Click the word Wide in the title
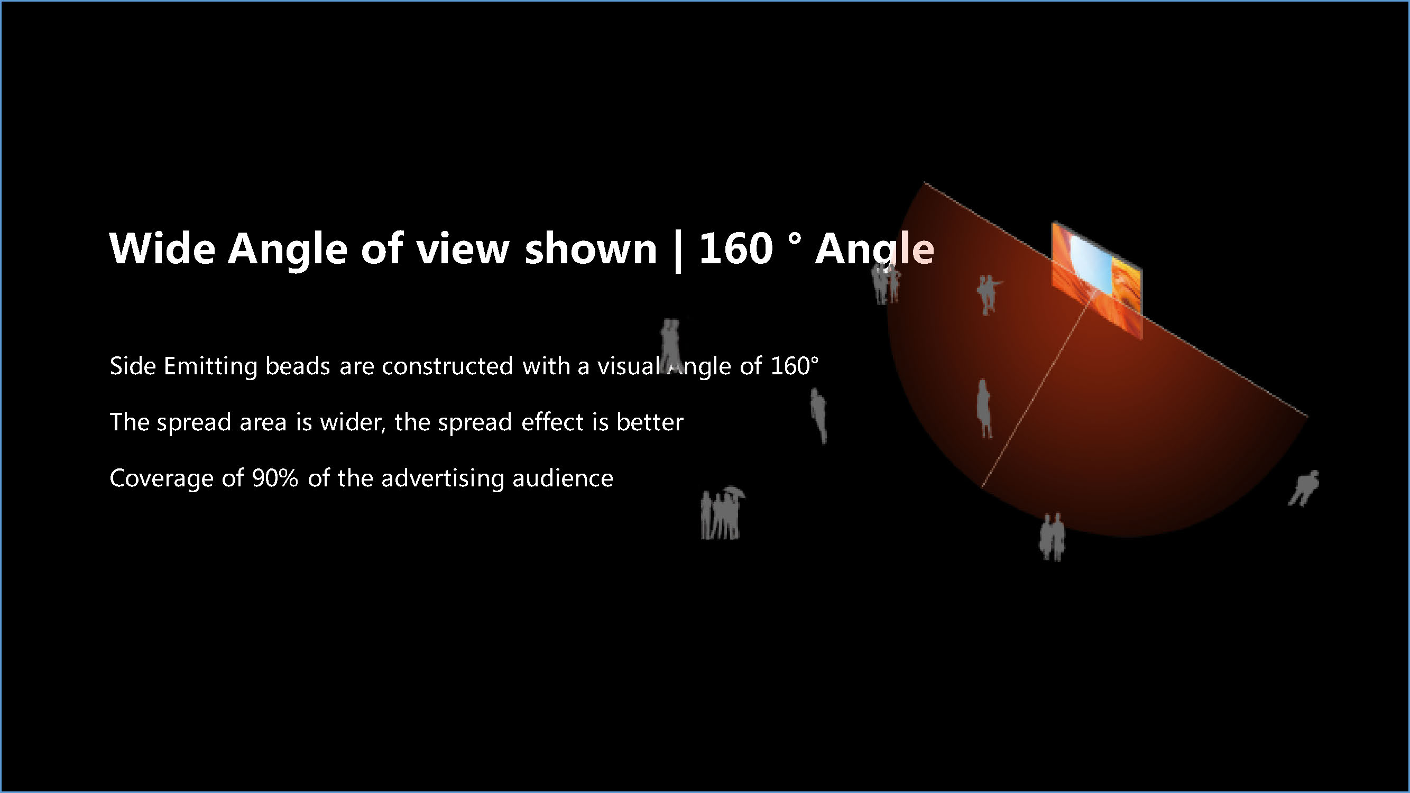[162, 248]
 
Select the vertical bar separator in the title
[678, 250]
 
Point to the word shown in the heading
[591, 248]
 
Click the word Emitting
[211, 366]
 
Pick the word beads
[298, 366]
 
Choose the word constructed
[447, 366]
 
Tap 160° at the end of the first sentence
[794, 366]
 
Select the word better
[650, 422]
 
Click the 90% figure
[275, 478]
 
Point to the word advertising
[443, 478]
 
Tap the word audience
[563, 478]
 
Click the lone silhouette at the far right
[1304, 488]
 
